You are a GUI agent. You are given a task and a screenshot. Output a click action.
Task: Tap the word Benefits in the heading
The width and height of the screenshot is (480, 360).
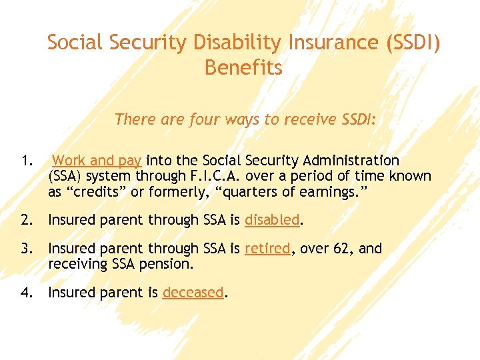pyautogui.click(x=243, y=68)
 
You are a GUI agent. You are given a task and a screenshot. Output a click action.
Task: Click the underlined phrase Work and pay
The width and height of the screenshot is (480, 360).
pyautogui.click(x=97, y=161)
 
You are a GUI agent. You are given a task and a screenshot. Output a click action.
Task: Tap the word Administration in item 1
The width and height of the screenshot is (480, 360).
pyautogui.click(x=351, y=161)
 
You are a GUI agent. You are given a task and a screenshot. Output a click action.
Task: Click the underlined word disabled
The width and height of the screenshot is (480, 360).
pyautogui.click(x=273, y=220)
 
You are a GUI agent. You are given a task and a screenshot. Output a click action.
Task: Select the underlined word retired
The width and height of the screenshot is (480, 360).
pyautogui.click(x=267, y=249)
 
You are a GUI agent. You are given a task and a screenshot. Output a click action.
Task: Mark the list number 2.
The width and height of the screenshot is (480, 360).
pyautogui.click(x=26, y=220)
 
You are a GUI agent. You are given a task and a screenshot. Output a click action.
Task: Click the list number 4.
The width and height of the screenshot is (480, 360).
pyautogui.click(x=26, y=292)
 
